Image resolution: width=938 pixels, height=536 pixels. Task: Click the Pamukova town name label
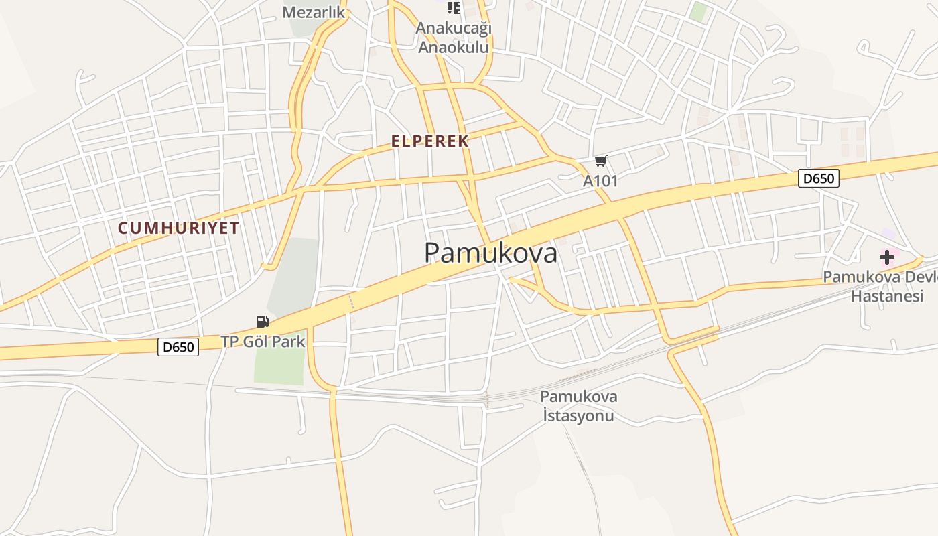tap(490, 253)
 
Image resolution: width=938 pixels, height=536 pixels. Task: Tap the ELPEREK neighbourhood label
tap(429, 141)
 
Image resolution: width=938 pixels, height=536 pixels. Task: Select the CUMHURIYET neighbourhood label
tap(178, 228)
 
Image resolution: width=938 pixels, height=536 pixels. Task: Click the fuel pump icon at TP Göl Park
tap(262, 322)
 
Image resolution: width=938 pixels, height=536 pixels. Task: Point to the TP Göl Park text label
tap(263, 342)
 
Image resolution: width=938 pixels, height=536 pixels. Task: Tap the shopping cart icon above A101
tap(600, 161)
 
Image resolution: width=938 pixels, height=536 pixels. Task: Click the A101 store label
tap(600, 181)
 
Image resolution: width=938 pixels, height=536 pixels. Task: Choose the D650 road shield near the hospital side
tap(818, 178)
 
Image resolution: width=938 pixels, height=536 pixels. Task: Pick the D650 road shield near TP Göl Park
tap(178, 346)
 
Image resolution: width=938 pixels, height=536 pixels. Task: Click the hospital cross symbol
tap(886, 257)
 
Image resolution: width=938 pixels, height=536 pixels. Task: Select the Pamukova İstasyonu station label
tap(578, 406)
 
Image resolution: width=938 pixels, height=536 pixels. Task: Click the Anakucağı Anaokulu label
tap(454, 38)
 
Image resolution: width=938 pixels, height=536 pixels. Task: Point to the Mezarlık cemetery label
tap(313, 12)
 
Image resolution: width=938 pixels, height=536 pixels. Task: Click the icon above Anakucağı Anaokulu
tap(454, 7)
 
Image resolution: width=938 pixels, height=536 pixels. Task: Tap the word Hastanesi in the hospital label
tap(887, 296)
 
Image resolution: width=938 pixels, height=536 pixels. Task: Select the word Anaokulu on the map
tap(454, 48)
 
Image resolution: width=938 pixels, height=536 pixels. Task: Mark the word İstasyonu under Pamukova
tap(578, 416)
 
